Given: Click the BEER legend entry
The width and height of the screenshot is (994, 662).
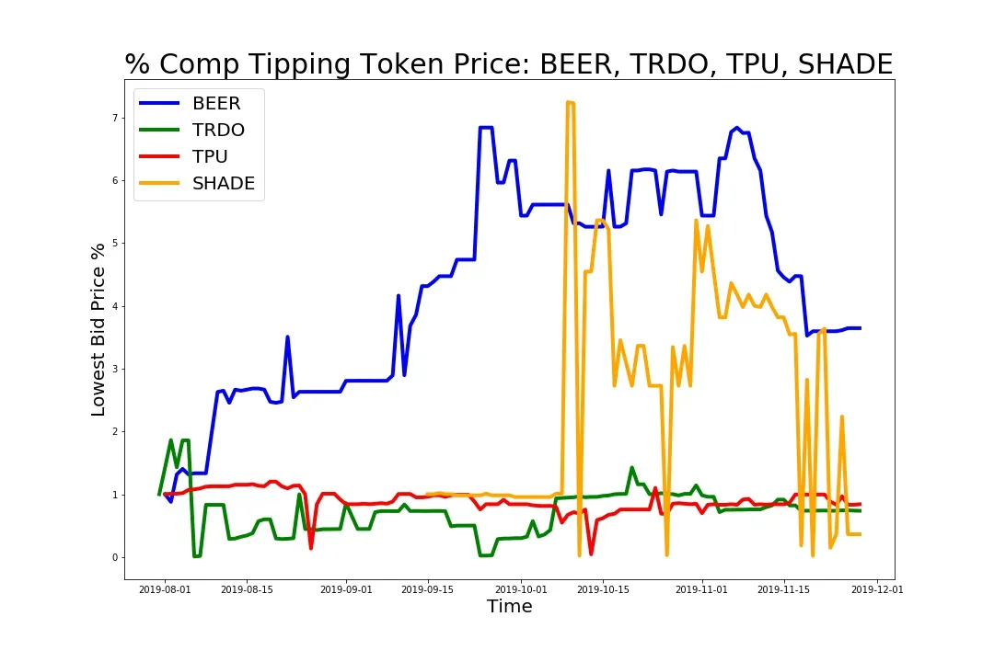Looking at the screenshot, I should tap(216, 104).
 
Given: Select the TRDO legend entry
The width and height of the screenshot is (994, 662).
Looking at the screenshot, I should tap(218, 131).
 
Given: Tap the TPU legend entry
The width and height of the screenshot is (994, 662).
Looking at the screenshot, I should tap(210, 156).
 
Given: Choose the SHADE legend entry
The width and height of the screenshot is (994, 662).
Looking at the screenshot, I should tap(223, 183).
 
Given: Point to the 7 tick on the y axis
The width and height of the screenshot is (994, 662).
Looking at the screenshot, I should tap(116, 118).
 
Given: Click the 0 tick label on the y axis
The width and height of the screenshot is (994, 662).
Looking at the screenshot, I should tap(116, 558).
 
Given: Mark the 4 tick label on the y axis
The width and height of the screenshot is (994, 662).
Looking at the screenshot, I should tap(116, 306).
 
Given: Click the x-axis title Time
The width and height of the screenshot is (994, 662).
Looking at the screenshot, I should tap(509, 607).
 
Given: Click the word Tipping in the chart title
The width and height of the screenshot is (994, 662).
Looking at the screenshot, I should tap(303, 64).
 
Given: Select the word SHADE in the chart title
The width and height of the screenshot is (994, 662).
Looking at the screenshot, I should tap(845, 64).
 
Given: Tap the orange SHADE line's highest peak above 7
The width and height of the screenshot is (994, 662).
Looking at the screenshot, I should tap(568, 102).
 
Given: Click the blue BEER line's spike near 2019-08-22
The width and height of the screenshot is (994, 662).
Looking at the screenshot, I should tap(287, 337).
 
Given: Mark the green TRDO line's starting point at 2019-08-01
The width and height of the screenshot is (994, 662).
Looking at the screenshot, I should tap(159, 495).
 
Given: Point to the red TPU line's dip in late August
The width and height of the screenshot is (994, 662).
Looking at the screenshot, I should tap(311, 548).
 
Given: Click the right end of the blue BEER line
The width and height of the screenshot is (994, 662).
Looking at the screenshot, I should tap(860, 328).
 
